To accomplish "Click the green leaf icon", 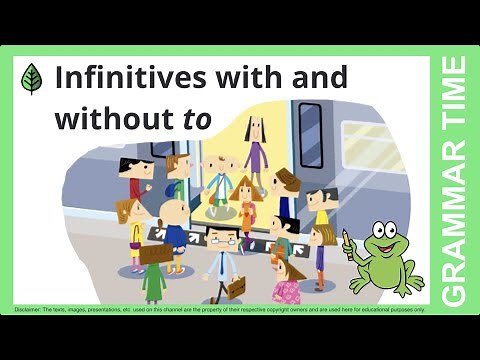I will pyautogui.click(x=32, y=79).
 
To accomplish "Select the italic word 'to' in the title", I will pyautogui.click(x=197, y=118).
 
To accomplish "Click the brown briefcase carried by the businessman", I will pyautogui.click(x=235, y=288).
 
